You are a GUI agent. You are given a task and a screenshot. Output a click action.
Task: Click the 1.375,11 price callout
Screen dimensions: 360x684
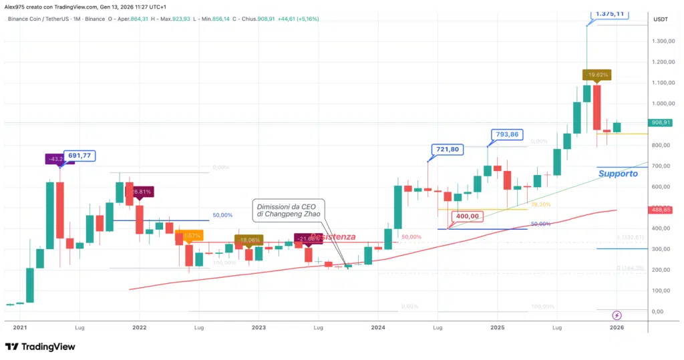pyautogui.click(x=611, y=13)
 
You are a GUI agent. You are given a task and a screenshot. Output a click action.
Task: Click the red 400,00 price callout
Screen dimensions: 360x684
pyautogui.click(x=467, y=216)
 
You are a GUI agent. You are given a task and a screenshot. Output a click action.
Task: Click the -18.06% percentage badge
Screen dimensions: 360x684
pyautogui.click(x=249, y=239)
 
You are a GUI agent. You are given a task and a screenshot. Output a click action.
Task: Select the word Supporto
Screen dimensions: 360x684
pyautogui.click(x=617, y=174)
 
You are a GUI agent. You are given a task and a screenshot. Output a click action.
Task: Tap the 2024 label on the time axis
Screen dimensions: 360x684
pyautogui.click(x=378, y=328)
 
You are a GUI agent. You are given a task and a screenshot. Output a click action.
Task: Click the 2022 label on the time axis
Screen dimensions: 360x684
pyautogui.click(x=139, y=328)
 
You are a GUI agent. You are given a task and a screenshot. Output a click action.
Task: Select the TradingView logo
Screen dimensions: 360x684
pyautogui.click(x=40, y=347)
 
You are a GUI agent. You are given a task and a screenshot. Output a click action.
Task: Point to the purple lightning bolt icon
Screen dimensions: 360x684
pyautogui.click(x=617, y=315)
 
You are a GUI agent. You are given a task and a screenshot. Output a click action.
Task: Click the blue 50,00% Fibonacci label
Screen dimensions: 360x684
pyautogui.click(x=222, y=215)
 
